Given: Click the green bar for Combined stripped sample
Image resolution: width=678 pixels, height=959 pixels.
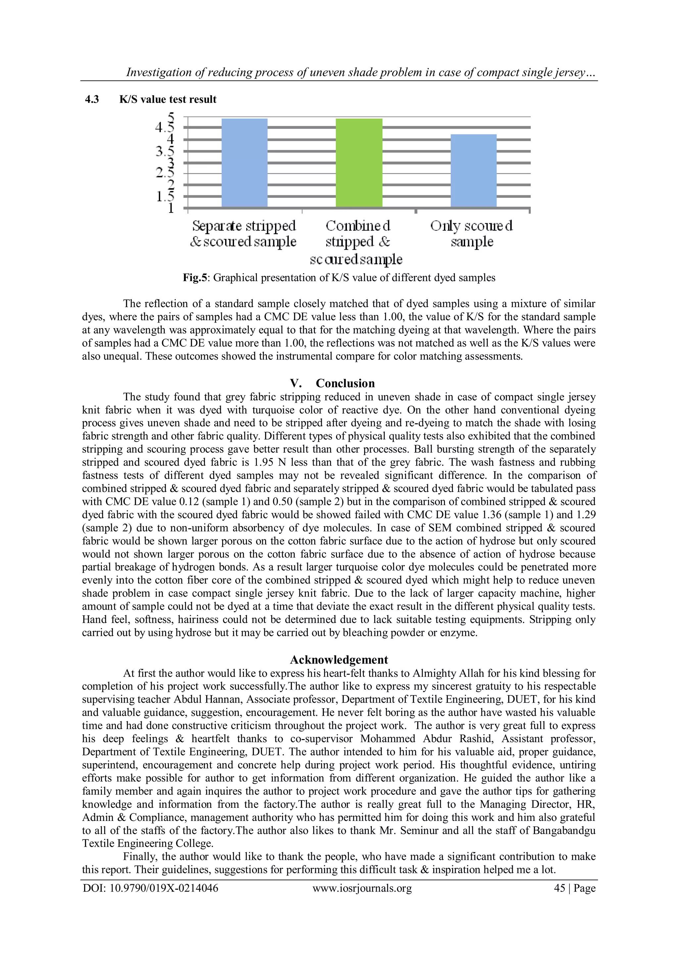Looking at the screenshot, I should pos(359,163).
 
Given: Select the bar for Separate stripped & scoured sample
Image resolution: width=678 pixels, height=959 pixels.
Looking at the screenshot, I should pos(244,163).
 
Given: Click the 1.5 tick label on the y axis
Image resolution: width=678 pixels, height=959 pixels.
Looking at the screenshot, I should pos(165,196).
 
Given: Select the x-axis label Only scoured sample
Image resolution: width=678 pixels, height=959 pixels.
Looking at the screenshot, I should pos(472,233).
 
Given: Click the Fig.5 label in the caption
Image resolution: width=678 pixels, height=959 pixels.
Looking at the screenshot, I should pos(195,278).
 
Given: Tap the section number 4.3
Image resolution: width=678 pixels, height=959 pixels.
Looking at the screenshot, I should pos(92,99).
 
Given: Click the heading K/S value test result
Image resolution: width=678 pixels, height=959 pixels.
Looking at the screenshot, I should pos(168,99).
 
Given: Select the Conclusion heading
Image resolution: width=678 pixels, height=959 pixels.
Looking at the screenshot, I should pos(345,383).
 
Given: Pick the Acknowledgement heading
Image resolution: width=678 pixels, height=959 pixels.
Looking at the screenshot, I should pos(339,660).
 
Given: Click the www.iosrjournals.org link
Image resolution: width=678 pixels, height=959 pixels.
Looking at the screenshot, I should pos(362,888).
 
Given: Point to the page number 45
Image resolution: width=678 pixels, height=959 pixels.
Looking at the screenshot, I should pos(559,888).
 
